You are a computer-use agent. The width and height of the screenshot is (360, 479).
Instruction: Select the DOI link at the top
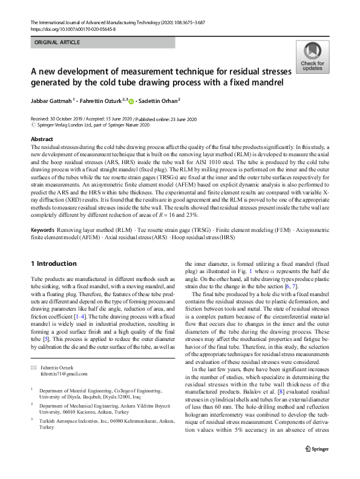pyautogui.click(x=73, y=28)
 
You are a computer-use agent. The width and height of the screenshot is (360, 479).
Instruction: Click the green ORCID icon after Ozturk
pyautogui.click(x=131, y=101)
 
